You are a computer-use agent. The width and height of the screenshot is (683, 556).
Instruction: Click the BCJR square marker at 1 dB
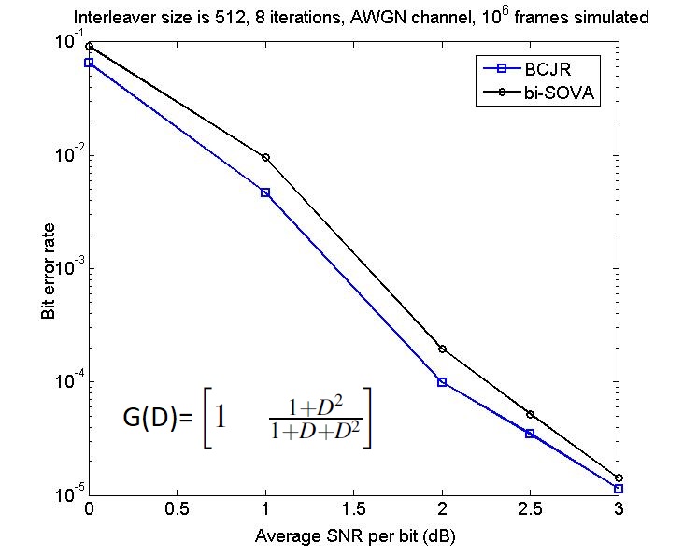265,192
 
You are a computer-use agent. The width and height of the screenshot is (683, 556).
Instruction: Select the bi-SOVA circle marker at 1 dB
265,157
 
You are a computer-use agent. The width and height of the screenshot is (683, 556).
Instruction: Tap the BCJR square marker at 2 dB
442,382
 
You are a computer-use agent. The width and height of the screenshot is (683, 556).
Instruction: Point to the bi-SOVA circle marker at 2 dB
443,349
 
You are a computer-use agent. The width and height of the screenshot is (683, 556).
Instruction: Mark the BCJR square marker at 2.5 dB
530,434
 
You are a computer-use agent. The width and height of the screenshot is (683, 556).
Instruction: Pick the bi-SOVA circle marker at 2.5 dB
530,414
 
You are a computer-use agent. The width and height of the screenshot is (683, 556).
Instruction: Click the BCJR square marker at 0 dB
89,63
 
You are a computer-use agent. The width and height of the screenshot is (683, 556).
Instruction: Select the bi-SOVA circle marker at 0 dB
90,46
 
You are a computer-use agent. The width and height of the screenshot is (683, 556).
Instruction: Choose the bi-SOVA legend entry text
559,93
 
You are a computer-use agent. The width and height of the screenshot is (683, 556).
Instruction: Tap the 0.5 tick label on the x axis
177,509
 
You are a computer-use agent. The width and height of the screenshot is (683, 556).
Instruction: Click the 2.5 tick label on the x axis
530,509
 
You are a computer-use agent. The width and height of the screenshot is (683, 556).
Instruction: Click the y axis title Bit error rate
49,271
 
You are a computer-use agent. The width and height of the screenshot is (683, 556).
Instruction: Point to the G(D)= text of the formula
158,419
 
